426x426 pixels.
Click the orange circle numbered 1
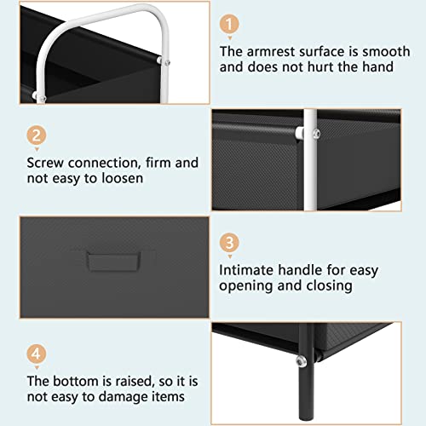(x=229, y=24)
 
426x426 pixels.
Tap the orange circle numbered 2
(x=37, y=135)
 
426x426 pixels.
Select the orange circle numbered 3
(x=229, y=243)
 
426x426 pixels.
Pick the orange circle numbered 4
(x=37, y=354)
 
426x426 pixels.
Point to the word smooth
(x=386, y=51)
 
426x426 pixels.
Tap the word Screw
(x=45, y=163)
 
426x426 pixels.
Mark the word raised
(x=133, y=381)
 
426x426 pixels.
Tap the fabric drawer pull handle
(x=113, y=261)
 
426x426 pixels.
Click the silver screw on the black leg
(x=301, y=361)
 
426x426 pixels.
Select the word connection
(x=105, y=163)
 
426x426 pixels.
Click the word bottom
(x=76, y=381)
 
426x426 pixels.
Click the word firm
(x=158, y=163)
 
